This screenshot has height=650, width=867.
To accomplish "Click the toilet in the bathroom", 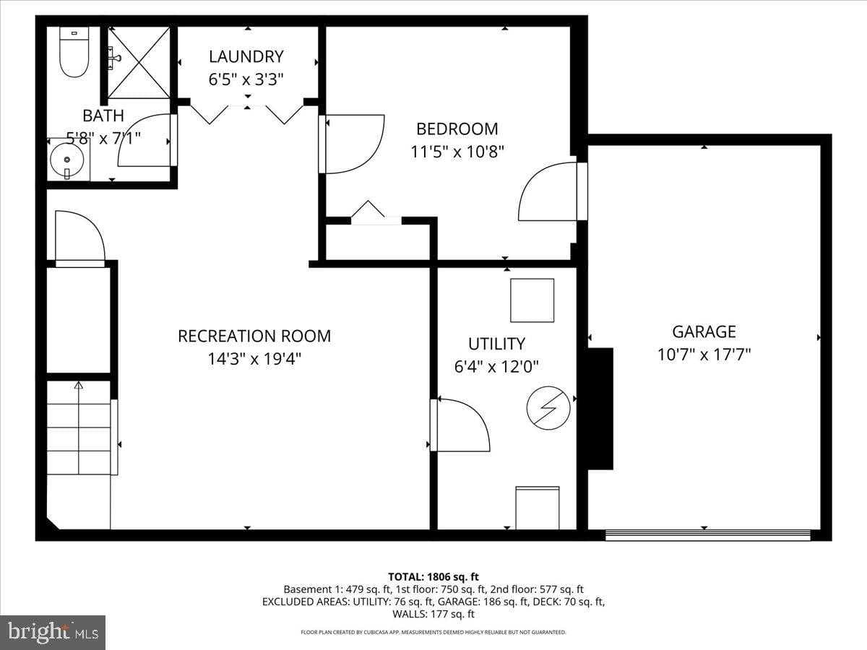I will pyautogui.click(x=74, y=53).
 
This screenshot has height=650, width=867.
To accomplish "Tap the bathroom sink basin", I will pyautogui.click(x=68, y=159).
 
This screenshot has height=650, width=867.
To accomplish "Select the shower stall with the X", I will pyautogui.click(x=139, y=62).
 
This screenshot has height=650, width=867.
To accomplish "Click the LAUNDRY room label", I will pyautogui.click(x=246, y=56).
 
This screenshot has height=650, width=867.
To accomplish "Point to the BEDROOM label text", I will pyautogui.click(x=457, y=129).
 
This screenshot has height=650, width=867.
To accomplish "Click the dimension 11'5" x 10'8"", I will pyautogui.click(x=457, y=152).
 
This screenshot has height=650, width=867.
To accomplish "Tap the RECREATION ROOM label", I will pyautogui.click(x=254, y=336).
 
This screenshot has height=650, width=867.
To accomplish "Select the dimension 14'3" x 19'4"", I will pyautogui.click(x=254, y=359).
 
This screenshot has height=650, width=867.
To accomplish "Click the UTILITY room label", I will pyautogui.click(x=496, y=344).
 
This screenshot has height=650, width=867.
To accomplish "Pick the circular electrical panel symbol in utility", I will pyautogui.click(x=548, y=408).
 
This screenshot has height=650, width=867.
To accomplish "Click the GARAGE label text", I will pyautogui.click(x=704, y=331).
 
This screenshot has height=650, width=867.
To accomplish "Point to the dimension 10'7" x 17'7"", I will pyautogui.click(x=704, y=355).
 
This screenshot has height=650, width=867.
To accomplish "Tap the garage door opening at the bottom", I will pyautogui.click(x=707, y=535).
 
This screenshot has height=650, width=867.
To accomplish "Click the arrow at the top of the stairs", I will pyautogui.click(x=78, y=386).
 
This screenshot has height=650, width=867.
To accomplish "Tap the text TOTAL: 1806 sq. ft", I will pyautogui.click(x=433, y=576).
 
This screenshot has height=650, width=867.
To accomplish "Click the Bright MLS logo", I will pyautogui.click(x=53, y=633).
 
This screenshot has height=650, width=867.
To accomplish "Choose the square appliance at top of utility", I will pyautogui.click(x=532, y=300).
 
